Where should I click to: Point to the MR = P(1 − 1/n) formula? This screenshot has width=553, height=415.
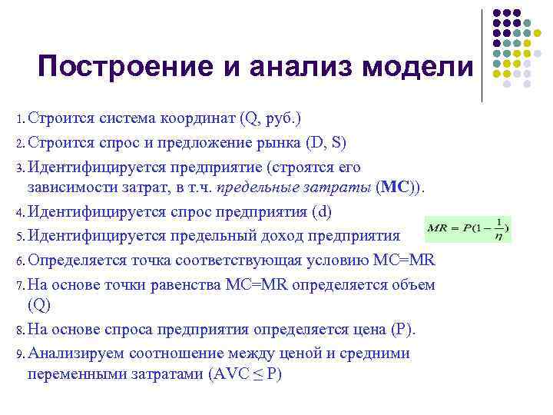468,228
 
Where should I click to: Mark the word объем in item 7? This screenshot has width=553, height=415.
415,284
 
